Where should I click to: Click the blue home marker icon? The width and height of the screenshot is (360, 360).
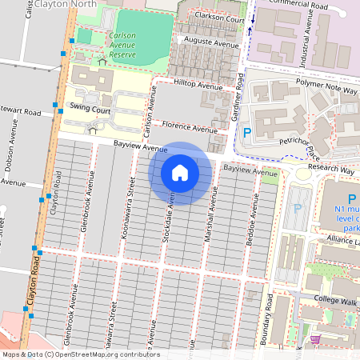(x=180, y=173)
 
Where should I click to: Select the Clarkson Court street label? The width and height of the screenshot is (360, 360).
(x=214, y=18)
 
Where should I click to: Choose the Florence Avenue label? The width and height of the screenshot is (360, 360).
(x=189, y=126)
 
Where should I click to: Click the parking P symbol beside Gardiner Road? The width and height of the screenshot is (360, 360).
(x=246, y=132)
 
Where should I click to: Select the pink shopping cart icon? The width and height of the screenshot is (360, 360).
(x=315, y=339)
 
